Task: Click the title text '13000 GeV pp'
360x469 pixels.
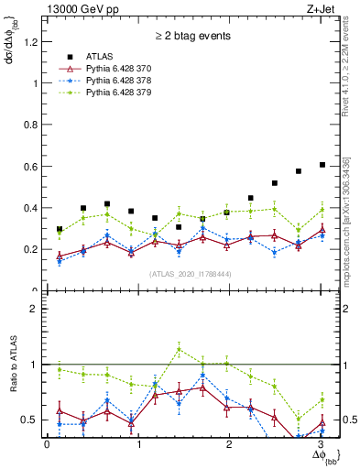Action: pos(82,9)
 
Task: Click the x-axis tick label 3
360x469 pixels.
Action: pos(320,444)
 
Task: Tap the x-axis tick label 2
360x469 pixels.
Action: pos(229,444)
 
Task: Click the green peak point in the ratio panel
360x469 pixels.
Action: pos(179,348)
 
